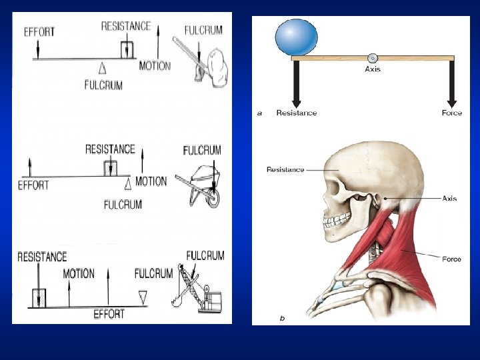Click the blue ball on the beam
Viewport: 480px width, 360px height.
[x=297, y=37]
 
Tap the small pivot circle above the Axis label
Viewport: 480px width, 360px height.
[x=373, y=58]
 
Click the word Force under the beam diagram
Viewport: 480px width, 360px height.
[x=451, y=113]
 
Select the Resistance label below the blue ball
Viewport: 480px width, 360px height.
[x=297, y=113]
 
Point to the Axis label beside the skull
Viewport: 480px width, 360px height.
[x=449, y=199]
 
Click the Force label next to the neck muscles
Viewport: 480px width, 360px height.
[x=451, y=259]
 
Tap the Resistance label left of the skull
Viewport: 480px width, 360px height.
[x=285, y=169]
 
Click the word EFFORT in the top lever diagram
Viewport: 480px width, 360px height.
[x=39, y=31]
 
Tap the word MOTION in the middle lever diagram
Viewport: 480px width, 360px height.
[x=151, y=181]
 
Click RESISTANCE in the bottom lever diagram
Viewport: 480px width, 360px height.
[x=42, y=257]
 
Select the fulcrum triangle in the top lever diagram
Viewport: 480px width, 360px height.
[x=102, y=67]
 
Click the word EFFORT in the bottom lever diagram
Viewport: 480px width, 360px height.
[x=109, y=313]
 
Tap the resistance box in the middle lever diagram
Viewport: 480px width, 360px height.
[x=110, y=168]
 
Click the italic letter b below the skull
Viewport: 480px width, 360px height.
[x=282, y=318]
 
